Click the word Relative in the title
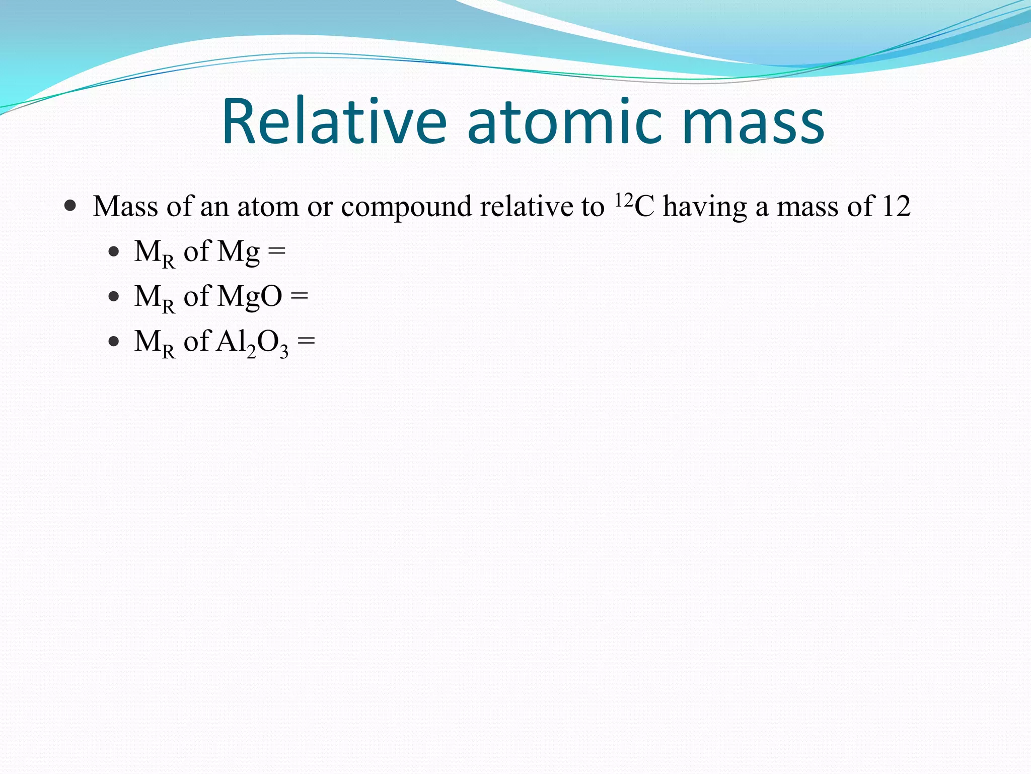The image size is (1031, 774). click(334, 122)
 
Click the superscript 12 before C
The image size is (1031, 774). click(624, 200)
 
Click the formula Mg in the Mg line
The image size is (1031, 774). click(238, 252)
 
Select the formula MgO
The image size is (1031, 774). click(249, 296)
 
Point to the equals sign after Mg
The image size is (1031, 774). click(277, 251)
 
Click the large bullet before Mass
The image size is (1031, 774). click(70, 206)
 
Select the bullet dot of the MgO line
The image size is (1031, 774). click(114, 296)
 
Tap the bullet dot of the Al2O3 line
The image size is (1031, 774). click(114, 342)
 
